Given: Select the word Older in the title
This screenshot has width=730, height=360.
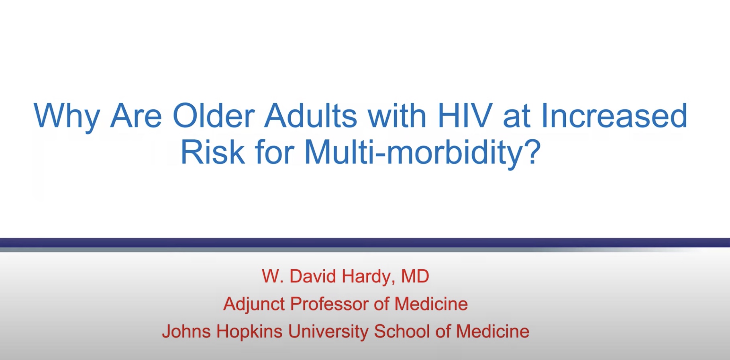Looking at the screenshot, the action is [x=214, y=116].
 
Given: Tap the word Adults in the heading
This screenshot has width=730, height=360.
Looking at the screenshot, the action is [x=310, y=116].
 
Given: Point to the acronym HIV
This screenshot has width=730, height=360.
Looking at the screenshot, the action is [x=465, y=116].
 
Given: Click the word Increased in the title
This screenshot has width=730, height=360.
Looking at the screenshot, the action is [x=614, y=116].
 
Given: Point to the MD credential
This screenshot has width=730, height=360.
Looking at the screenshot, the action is [x=415, y=276].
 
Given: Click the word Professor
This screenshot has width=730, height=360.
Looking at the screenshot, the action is [x=329, y=304].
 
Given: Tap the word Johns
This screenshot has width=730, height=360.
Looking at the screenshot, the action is [x=186, y=332].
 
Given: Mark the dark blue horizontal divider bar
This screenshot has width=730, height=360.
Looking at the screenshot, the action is [x=365, y=242].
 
